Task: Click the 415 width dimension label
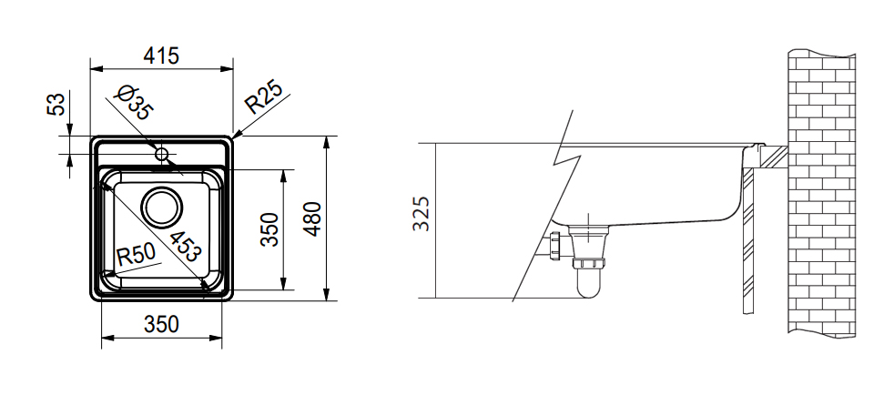(x=161, y=56)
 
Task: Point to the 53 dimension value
(x=56, y=104)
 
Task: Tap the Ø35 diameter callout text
(x=133, y=103)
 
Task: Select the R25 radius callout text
(x=263, y=96)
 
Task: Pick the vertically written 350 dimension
(x=269, y=229)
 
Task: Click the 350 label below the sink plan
(x=161, y=324)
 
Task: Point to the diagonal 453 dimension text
(x=185, y=247)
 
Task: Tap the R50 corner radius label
(x=136, y=255)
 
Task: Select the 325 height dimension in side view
(x=422, y=214)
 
